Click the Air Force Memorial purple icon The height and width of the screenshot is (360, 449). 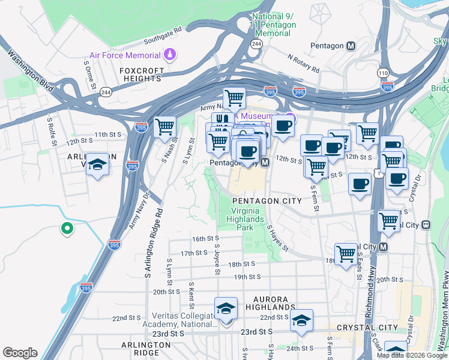(171, 56)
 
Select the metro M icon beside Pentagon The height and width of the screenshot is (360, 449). (351, 46)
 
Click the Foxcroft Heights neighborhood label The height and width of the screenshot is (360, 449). (142, 74)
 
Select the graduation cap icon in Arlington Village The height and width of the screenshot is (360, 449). (96, 166)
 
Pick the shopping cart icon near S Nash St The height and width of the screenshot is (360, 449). (164, 127)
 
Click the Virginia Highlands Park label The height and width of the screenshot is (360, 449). (247, 219)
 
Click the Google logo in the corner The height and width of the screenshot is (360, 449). (20, 353)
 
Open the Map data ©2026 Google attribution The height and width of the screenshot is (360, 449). (412, 355)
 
